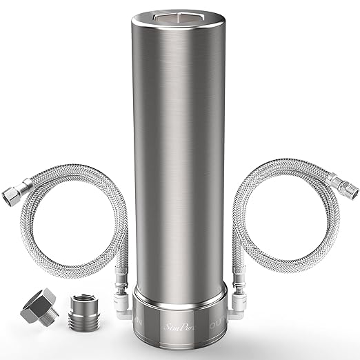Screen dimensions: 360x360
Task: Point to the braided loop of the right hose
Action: [x=303, y=221]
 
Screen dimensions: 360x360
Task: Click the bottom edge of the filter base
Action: [x=181, y=340]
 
